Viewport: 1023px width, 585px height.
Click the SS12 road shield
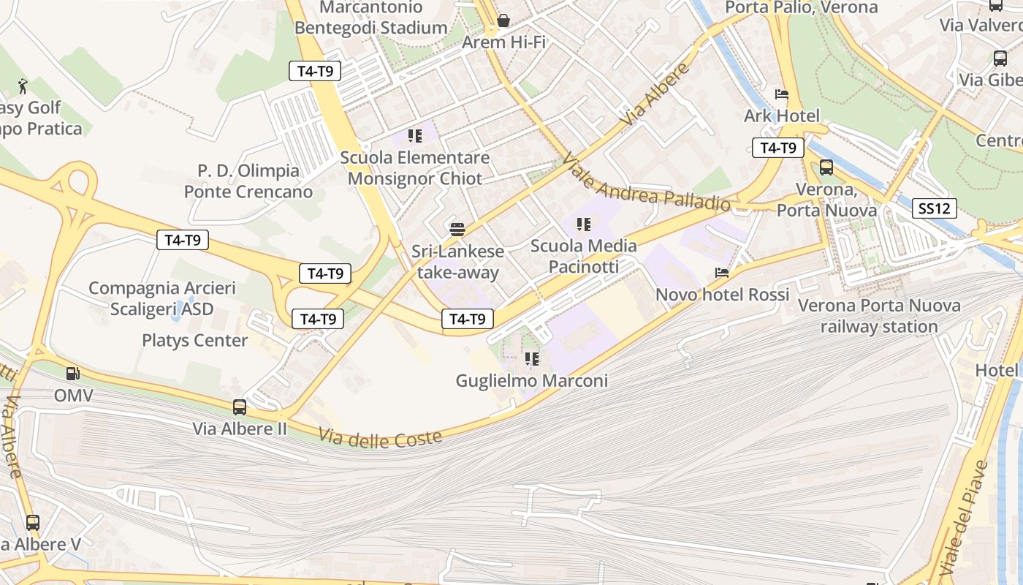pyautogui.click(x=935, y=208)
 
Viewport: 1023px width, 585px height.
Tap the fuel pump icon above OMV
pyautogui.click(x=73, y=374)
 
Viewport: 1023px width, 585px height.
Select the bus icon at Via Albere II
pyautogui.click(x=240, y=407)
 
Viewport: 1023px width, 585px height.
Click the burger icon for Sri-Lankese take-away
pyautogui.click(x=457, y=230)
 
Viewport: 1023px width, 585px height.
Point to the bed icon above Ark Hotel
pyautogui.click(x=781, y=94)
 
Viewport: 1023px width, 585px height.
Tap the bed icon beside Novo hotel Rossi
pyautogui.click(x=722, y=273)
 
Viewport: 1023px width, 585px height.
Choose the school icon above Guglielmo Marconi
pyautogui.click(x=531, y=359)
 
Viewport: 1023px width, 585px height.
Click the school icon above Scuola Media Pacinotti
pyautogui.click(x=583, y=224)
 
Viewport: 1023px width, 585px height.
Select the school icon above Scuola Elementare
pyautogui.click(x=415, y=136)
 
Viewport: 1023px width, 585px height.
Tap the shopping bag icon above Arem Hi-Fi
pyautogui.click(x=503, y=20)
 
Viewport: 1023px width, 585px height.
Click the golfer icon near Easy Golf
pyautogui.click(x=23, y=86)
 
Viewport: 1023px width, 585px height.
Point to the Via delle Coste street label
pyautogui.click(x=380, y=437)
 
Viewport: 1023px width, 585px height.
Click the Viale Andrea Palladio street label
pyautogui.click(x=646, y=183)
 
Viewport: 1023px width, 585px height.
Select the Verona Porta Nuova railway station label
pyautogui.click(x=879, y=316)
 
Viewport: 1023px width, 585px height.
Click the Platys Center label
pyautogui.click(x=194, y=340)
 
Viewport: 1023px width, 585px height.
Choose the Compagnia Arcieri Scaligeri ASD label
pyautogui.click(x=162, y=298)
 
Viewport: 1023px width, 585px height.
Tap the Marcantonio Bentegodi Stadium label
pyautogui.click(x=371, y=18)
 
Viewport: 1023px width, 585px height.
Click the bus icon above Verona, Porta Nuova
pyautogui.click(x=826, y=167)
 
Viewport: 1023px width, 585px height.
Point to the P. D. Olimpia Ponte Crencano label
pyautogui.click(x=248, y=181)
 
